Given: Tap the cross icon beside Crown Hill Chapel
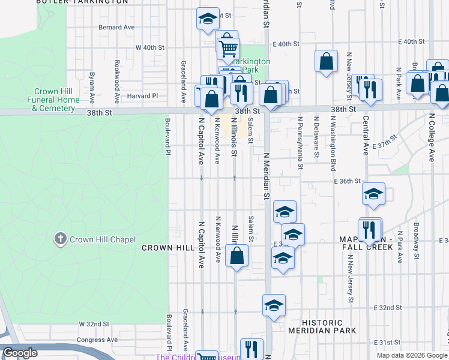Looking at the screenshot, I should click(60, 239).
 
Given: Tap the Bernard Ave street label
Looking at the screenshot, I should click(116, 28).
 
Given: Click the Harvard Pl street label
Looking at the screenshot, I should click(142, 95).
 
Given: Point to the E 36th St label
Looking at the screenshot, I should click(348, 181).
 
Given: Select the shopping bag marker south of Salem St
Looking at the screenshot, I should click(238, 255).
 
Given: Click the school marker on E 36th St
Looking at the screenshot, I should click(373, 193).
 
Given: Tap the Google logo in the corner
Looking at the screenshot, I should click(20, 353).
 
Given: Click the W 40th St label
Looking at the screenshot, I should click(150, 47).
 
